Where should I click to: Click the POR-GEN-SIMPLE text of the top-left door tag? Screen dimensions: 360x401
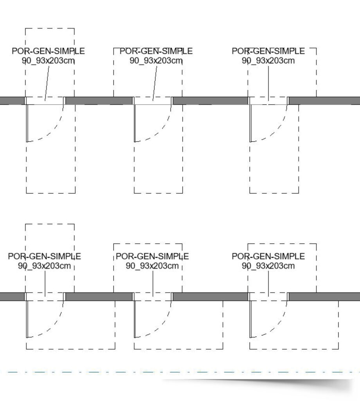[48, 51]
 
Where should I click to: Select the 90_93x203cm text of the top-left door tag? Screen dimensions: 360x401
[48, 61]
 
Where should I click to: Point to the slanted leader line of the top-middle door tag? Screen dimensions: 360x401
[155, 83]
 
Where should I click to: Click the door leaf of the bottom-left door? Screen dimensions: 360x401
[27, 319]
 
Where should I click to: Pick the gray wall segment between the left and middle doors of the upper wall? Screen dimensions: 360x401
[99, 101]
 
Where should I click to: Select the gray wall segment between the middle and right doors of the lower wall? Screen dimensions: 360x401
[211, 297]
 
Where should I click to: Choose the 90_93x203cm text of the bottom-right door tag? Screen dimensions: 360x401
[268, 266]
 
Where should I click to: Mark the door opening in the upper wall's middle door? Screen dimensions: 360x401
[153, 101]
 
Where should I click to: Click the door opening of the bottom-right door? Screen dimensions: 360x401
[268, 297]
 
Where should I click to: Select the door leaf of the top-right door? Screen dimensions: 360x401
[251, 123]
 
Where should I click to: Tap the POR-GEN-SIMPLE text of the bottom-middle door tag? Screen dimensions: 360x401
[152, 256]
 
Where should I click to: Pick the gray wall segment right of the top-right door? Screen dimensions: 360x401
[324, 101]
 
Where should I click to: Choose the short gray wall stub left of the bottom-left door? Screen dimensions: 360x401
[12, 297]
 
